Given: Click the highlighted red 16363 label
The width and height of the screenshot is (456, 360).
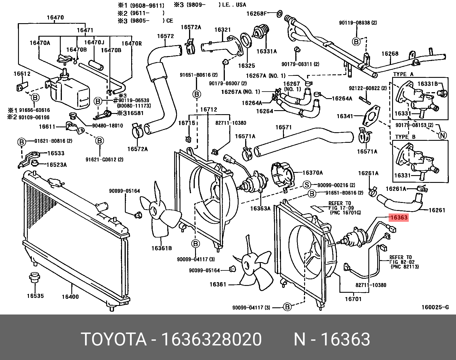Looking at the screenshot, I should coord(399,217).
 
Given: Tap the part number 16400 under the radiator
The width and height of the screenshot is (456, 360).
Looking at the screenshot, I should coord(70,297).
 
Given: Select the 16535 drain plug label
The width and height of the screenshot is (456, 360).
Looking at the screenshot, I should coord(35,296).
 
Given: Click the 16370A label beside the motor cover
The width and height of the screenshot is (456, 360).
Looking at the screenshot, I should coord(312,173).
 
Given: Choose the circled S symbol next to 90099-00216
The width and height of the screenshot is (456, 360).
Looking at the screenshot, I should coord(307,185).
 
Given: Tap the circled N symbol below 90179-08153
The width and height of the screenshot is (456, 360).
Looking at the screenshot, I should coord(443,135).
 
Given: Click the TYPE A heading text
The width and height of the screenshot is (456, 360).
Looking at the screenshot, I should coord(403,74).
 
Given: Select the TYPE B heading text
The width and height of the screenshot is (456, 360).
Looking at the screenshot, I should coord(405,137).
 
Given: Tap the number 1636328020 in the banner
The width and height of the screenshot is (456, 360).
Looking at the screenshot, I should coord(211,339).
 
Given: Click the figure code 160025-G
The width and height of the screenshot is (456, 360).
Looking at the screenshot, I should coord(435,307).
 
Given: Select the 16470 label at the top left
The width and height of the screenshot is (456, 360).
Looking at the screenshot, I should coord(55,17).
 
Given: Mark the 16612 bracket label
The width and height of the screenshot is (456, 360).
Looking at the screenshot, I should coord(22,74).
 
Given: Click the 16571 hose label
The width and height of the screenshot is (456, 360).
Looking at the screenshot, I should coord(283,127).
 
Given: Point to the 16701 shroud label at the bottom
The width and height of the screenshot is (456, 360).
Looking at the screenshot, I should coord(353,299).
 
